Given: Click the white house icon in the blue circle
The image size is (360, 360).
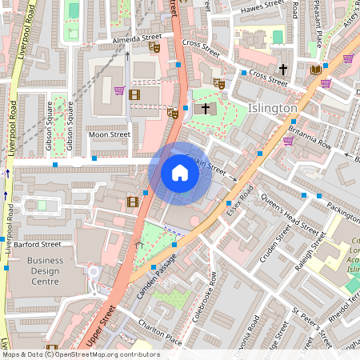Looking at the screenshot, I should tap(180, 172).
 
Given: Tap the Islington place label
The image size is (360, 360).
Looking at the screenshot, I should tap(274, 108).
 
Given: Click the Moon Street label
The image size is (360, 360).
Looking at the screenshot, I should tap(109, 134).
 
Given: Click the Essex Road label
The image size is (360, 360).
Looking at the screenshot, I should tap(239, 204).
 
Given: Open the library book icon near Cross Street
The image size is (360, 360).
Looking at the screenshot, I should tap(315, 70).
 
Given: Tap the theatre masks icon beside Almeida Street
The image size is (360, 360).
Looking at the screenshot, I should tap(154, 47).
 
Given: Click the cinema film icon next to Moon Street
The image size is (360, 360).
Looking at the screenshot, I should tap(133, 94).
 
